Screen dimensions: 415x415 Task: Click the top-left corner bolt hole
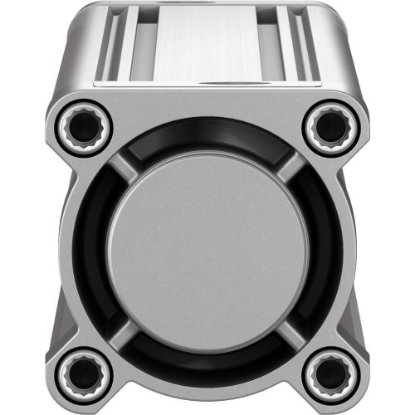(83, 125)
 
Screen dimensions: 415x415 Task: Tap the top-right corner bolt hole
(330, 125)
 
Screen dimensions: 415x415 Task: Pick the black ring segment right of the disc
(317, 249)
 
